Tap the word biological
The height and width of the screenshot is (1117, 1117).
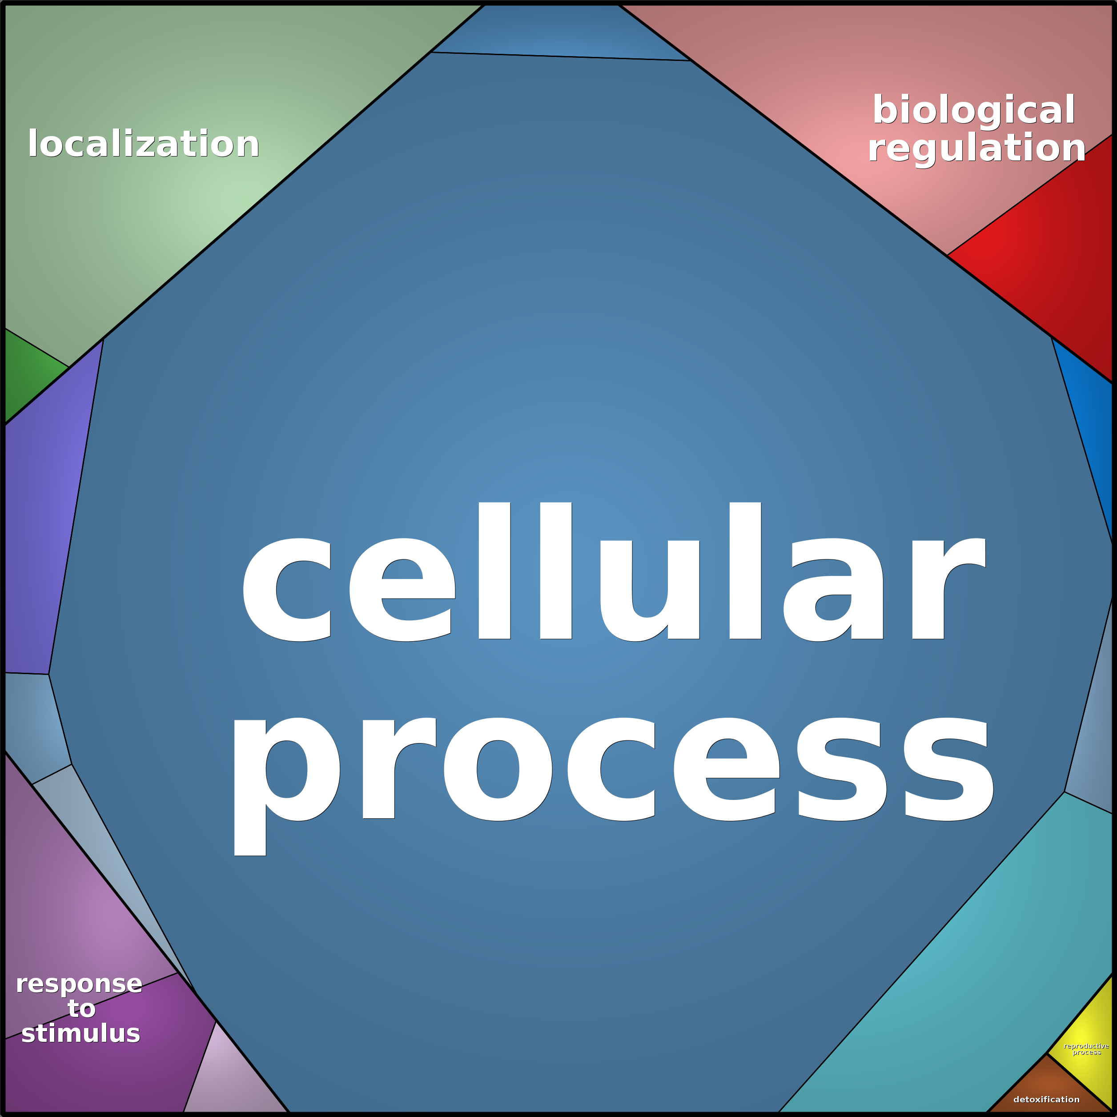pos(974,109)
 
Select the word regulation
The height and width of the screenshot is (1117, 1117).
pos(976,148)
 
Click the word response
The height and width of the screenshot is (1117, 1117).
pos(79,984)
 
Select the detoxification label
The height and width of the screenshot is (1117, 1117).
pos(1046,1099)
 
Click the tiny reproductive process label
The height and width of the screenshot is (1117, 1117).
pos(1086,1049)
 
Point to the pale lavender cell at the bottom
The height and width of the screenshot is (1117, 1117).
pos(231,1081)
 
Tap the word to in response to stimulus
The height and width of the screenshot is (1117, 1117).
pos(81,1009)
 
